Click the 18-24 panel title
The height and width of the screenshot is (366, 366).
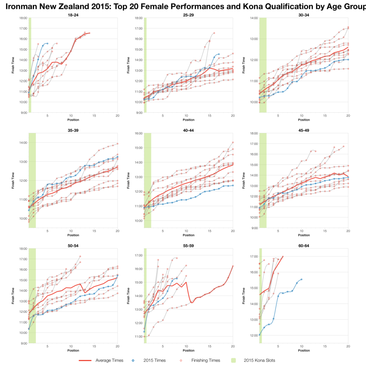(73, 14)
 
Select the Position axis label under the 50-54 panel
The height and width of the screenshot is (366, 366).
(73, 351)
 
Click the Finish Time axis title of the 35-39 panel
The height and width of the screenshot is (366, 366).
(13, 180)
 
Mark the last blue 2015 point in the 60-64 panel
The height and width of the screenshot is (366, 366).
(302, 280)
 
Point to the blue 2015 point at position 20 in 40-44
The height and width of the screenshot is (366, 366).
(233, 185)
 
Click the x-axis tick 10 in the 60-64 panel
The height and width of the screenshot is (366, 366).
(302, 346)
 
